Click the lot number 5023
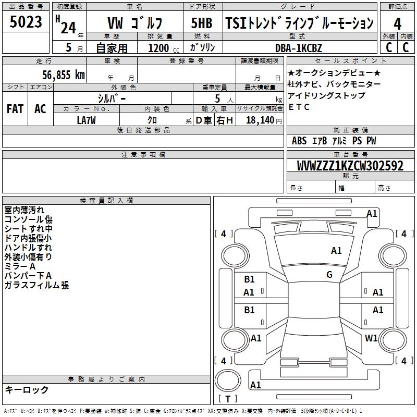coord(26,22)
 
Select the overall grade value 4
coord(398,23)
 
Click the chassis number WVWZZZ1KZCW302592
coord(350,166)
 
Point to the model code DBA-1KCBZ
coord(299,47)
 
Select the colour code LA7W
coord(87,120)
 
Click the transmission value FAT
coord(15,109)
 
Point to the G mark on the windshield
coord(329,274)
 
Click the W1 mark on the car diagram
coord(371,338)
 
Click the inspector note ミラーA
coord(20,266)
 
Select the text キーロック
coord(27,389)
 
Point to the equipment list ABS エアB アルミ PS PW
coord(334,141)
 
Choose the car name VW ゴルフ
coord(134,23)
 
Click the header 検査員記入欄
coord(106,201)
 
